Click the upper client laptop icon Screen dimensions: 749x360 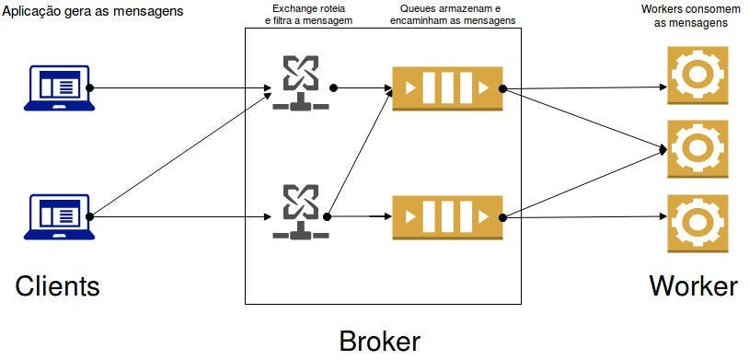point(59,88)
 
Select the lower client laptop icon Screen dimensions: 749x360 point(59,216)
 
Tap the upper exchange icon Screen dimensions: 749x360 point(301,82)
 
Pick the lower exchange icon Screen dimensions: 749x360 point(301,212)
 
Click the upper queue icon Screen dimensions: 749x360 point(447,89)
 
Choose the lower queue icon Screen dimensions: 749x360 point(447,217)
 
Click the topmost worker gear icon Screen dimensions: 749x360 point(697,75)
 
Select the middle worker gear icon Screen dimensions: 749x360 point(697,148)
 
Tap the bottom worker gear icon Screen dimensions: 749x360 point(697,223)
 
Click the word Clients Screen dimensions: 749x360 point(57,286)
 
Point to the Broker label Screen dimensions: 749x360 point(380,341)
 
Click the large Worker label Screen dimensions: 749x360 point(693,286)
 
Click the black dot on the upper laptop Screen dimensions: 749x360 point(89,88)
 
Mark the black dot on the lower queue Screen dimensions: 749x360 point(502,217)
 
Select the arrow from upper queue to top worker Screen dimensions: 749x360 point(584,87)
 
